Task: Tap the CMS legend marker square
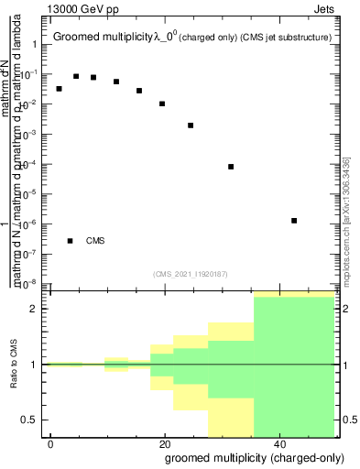pos(70,241)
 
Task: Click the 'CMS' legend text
pos(95,241)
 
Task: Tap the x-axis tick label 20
pos(164,443)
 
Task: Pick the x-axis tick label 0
pos(51,443)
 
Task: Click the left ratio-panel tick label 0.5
pos(29,420)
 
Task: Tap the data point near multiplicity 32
pos(231,167)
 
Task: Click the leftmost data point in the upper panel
pos(59,89)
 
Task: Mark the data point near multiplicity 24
pos(191,125)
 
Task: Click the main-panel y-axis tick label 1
pos(34,45)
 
